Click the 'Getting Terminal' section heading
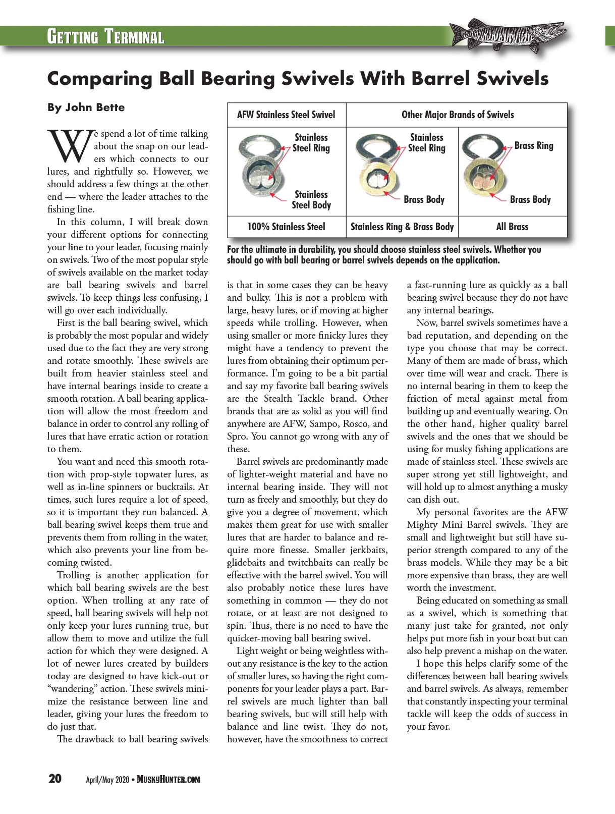105,37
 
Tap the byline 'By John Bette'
86,107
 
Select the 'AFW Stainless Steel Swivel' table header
286,115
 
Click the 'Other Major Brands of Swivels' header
458,115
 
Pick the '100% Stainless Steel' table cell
286,227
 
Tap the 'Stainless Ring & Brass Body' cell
402,227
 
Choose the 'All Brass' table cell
512,227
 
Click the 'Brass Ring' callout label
534,146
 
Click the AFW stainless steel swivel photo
260,169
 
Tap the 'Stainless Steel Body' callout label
311,200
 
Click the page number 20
55,779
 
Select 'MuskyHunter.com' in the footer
169,780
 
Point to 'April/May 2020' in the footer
107,780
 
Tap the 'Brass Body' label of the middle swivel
424,199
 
